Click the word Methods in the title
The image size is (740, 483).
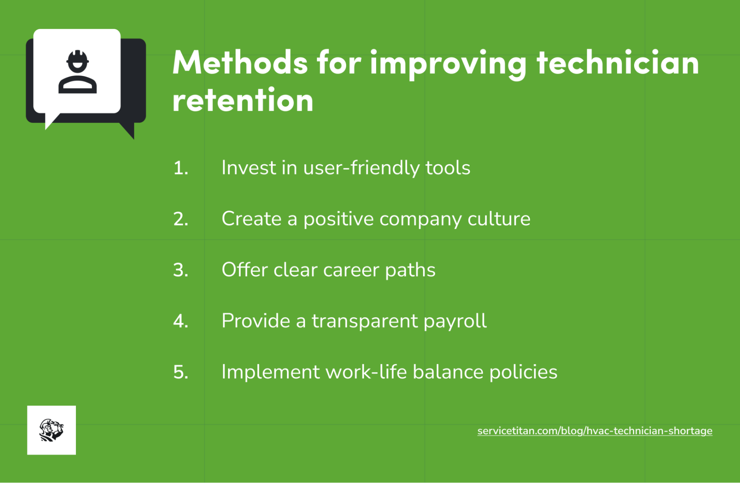pos(240,63)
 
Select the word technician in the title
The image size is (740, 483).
pos(618,63)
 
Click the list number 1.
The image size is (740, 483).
pos(181,168)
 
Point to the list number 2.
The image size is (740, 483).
pos(181,219)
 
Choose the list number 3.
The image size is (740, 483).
pos(181,270)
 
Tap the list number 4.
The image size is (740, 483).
pos(181,321)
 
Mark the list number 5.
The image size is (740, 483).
pos(181,372)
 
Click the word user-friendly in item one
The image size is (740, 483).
pos(361,168)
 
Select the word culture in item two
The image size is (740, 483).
pos(499,219)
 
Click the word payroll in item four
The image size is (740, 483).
pos(455,321)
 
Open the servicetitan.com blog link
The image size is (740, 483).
pos(595,431)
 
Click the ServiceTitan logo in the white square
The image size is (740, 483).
pos(51,430)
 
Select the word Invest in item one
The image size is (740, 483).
pos(249,168)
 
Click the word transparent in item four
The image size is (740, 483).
pos(365,321)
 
